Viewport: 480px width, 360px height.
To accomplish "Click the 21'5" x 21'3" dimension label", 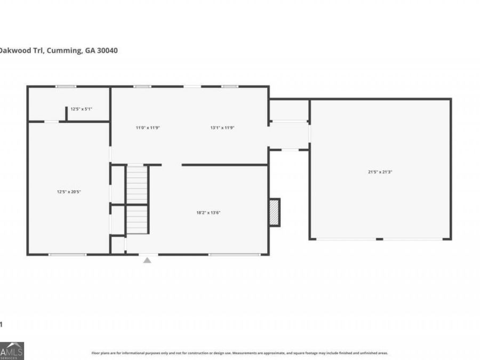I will (x=380, y=172).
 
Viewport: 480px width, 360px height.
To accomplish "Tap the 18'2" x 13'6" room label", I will (x=209, y=213).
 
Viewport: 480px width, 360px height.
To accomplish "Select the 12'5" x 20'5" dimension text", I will (x=69, y=191).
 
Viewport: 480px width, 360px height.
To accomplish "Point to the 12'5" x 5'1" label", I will (x=82, y=109).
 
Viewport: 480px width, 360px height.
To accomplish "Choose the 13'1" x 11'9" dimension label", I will (x=222, y=127).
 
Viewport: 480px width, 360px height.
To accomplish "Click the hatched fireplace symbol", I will (x=274, y=212).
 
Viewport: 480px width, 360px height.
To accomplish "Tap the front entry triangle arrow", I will (x=147, y=260).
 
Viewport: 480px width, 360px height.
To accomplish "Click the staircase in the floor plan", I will (x=137, y=200).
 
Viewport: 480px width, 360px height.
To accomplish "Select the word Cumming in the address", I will (x=65, y=51).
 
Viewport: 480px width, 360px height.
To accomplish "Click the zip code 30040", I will (x=106, y=51).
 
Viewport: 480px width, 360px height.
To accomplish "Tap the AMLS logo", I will (x=12, y=350).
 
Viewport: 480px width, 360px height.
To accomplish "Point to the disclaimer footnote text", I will (x=239, y=353).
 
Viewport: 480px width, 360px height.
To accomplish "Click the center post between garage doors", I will (x=379, y=239).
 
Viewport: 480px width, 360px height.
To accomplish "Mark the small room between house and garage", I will (x=289, y=110).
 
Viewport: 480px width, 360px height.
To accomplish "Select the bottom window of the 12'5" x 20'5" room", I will (x=67, y=254).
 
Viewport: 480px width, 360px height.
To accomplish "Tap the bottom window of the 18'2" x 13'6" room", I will (x=227, y=254).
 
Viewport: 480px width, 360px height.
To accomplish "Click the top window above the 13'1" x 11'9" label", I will (x=230, y=86).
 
